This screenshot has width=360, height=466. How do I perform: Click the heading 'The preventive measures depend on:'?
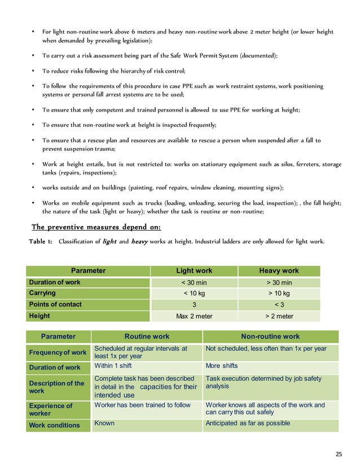pyautogui.click(x=96, y=227)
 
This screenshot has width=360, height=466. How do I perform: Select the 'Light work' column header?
pyautogui.click(x=194, y=271)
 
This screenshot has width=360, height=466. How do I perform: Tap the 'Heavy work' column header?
pyautogui.click(x=279, y=271)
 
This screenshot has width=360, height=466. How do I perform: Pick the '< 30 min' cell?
pyautogui.click(x=194, y=283)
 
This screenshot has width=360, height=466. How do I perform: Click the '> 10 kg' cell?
pyautogui.click(x=279, y=293)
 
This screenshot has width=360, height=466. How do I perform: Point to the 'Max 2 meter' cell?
pyautogui.click(x=194, y=316)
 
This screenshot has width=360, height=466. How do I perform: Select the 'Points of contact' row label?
pyautogui.click(x=55, y=305)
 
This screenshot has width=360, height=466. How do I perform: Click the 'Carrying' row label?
pyautogui.click(x=42, y=293)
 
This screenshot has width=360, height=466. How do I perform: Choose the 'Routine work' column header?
pyautogui.click(x=147, y=337)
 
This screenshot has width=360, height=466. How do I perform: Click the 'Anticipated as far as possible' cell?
pyautogui.click(x=248, y=423)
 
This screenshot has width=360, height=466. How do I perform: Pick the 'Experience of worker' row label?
pyautogui.click(x=51, y=409)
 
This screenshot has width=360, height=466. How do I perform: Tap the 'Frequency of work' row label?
pyautogui.click(x=58, y=353)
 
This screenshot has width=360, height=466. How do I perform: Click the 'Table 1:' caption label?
pyautogui.click(x=41, y=242)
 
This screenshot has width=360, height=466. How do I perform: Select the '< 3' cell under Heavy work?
pyautogui.click(x=279, y=305)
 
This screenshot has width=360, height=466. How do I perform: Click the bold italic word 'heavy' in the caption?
pyautogui.click(x=141, y=242)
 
